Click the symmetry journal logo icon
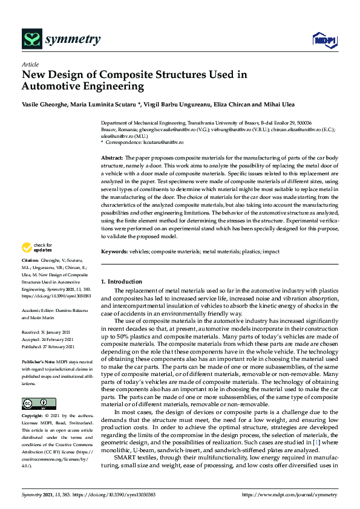click(x=31, y=39)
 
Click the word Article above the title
click(x=30, y=64)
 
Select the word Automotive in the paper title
click(x=51, y=86)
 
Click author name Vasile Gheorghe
click(x=44, y=105)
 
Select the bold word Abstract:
click(x=112, y=157)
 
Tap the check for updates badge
click(x=36, y=247)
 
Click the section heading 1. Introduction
click(x=122, y=282)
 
